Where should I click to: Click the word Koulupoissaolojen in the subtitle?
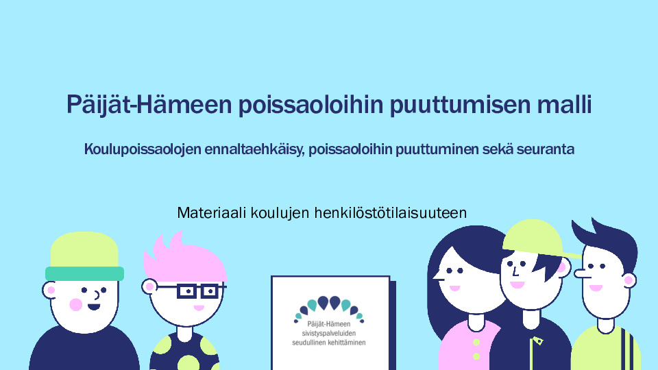(x=143, y=149)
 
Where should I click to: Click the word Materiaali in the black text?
(x=212, y=212)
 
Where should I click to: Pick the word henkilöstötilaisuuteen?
(x=391, y=212)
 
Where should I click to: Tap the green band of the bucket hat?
(x=85, y=273)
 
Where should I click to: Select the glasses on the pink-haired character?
(x=197, y=291)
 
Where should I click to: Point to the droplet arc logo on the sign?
(x=329, y=308)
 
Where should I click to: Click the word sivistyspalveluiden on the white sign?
(x=329, y=334)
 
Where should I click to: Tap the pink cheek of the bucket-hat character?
(x=76, y=304)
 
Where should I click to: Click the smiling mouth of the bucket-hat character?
(x=94, y=307)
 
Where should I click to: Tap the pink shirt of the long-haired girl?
(x=468, y=347)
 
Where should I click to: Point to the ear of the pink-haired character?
(x=149, y=286)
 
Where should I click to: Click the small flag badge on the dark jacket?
(x=537, y=341)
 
